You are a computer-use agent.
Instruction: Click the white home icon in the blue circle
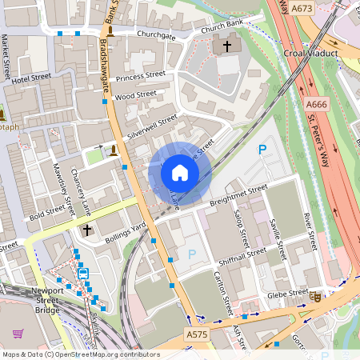tap(180, 172)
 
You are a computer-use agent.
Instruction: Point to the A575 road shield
tap(197, 334)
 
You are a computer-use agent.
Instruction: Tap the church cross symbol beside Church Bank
tap(227, 47)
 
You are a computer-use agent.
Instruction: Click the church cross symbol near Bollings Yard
tap(87, 230)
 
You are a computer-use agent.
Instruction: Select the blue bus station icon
tap(83, 273)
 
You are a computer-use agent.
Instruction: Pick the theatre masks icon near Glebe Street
tap(317, 296)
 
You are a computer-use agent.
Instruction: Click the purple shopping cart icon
tap(18, 334)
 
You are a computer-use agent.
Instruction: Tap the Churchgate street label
tap(155, 35)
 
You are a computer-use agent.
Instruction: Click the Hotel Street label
tap(31, 78)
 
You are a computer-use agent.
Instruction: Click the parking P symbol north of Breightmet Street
tap(261, 150)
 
